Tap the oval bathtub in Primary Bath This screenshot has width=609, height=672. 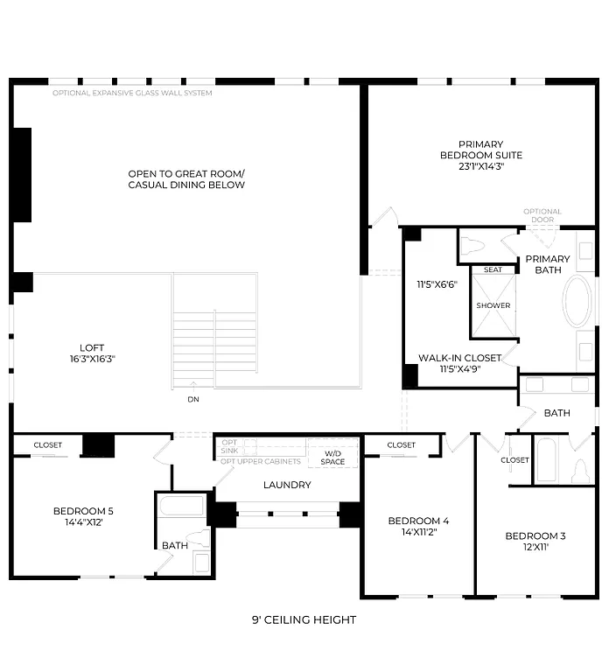click(577, 303)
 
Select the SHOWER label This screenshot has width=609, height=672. click(493, 305)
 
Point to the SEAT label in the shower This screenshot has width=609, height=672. click(493, 269)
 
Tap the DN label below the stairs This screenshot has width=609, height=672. click(192, 399)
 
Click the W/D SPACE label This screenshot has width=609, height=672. click(332, 457)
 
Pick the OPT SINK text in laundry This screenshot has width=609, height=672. click(229, 447)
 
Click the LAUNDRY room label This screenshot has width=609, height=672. click(287, 485)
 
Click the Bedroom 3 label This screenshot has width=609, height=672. click(535, 535)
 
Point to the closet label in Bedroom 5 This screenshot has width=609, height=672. click(48, 445)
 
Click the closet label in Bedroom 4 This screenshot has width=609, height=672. click(401, 445)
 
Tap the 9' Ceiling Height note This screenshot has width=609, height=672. click(304, 619)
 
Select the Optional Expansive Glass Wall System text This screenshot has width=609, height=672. click(131, 93)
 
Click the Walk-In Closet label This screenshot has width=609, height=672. click(458, 358)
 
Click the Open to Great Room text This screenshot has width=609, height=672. click(186, 173)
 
